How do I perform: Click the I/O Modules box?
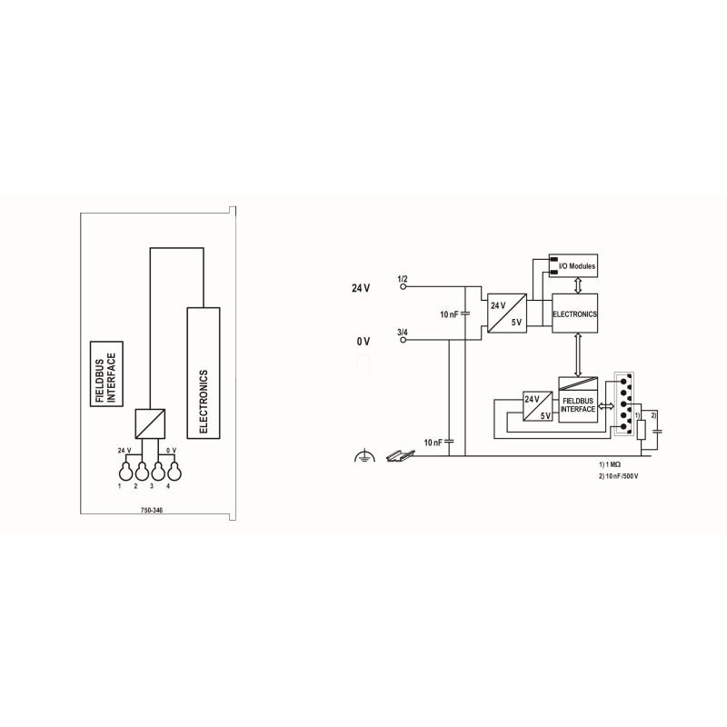tap(573, 265)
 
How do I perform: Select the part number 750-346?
tap(152, 510)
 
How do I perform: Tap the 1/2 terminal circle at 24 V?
tap(403, 286)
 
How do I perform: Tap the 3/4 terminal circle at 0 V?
tap(403, 340)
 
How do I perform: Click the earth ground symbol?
tap(363, 456)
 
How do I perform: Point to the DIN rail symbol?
tap(400, 456)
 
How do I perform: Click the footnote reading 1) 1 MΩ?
tap(609, 464)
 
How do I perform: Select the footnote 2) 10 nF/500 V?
tap(618, 476)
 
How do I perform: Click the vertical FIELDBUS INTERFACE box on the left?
tap(106, 373)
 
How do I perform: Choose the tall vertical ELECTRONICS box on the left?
tap(204, 373)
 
